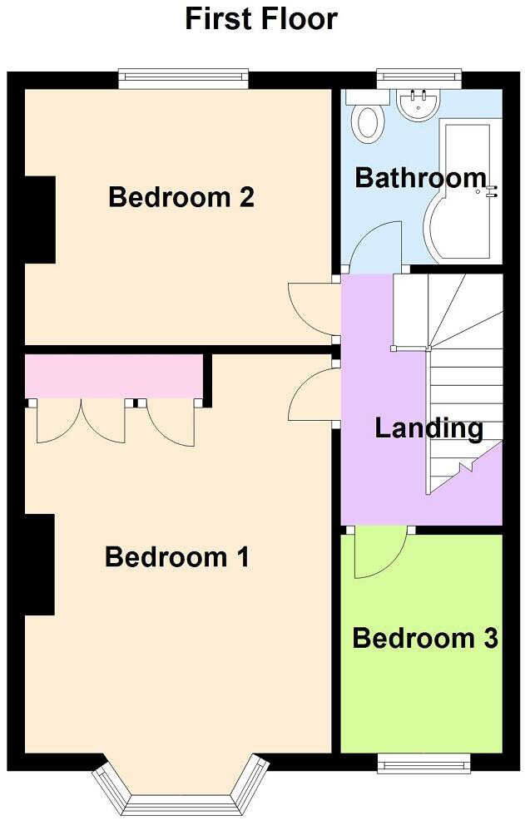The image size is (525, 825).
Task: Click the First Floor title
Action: click(261, 18)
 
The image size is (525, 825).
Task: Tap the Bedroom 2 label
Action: click(181, 198)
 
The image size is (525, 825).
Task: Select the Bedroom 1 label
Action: click(177, 557)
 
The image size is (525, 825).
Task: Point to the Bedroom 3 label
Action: click(424, 639)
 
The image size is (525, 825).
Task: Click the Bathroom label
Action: click(420, 178)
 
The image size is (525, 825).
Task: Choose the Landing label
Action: click(428, 428)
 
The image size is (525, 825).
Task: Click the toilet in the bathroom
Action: click(368, 121)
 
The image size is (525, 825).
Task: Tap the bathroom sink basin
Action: click(419, 104)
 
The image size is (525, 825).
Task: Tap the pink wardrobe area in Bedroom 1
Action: click(115, 376)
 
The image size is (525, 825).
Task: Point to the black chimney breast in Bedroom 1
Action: click(39, 565)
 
